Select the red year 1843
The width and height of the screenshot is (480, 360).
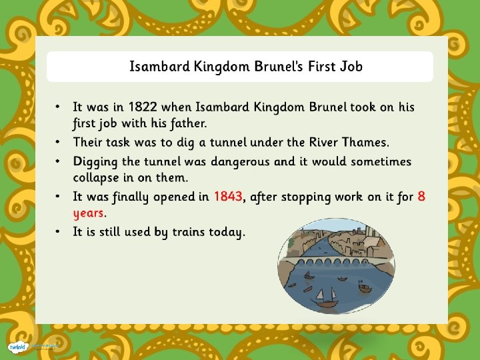click(229, 197)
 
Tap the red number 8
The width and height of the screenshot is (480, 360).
click(421, 197)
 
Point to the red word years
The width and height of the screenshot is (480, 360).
click(89, 213)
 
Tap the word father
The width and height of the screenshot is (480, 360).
click(185, 123)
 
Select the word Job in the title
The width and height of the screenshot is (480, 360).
click(349, 67)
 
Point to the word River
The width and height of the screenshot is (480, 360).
click(324, 142)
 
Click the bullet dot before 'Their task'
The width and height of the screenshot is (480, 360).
click(59, 141)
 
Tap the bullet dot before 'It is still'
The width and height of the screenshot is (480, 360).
click(59, 231)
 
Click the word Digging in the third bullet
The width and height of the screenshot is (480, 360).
click(96, 162)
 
